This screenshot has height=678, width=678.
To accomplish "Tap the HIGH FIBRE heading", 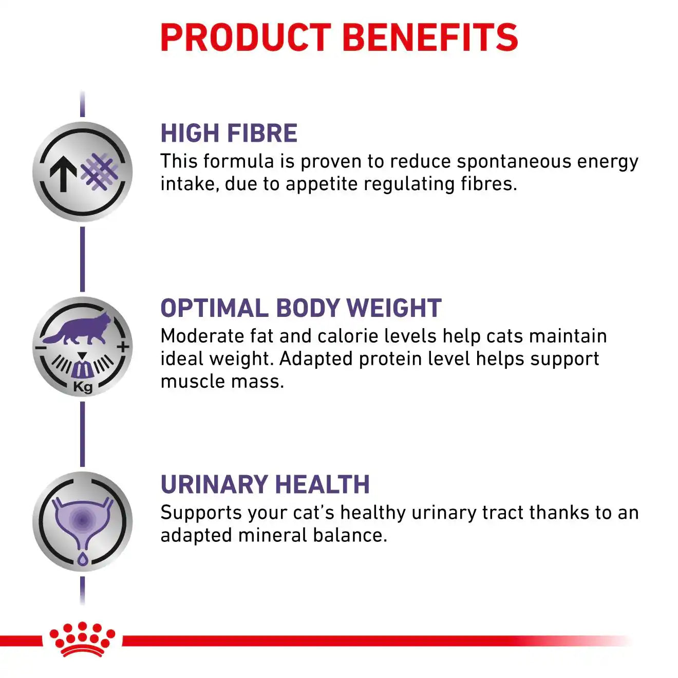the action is [x=229, y=133].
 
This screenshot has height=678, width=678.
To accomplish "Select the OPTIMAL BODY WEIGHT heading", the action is [x=301, y=308].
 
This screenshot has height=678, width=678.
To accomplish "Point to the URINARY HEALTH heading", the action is [x=265, y=484].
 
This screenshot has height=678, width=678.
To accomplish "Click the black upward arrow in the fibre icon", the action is [x=63, y=174].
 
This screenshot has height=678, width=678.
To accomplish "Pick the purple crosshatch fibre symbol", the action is [x=100, y=172].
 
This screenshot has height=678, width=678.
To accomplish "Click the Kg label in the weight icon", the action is [x=83, y=387].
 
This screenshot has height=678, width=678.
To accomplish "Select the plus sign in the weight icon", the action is [x=123, y=347].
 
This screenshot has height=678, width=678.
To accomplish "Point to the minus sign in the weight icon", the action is [x=41, y=348].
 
